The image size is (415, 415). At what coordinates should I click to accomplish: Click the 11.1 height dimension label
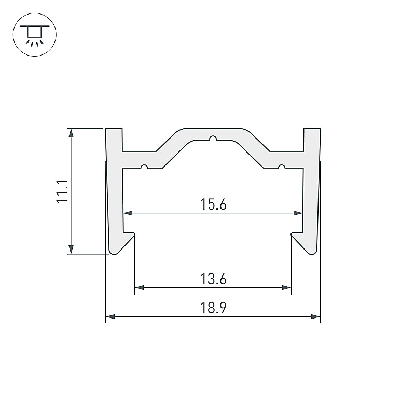pos(62,191)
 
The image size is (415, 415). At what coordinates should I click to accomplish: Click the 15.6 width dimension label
pos(213,204)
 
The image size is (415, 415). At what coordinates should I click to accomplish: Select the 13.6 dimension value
pos(213,279)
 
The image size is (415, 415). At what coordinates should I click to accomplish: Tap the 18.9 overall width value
pos(213,308)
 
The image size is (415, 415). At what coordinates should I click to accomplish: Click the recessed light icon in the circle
pos(35,34)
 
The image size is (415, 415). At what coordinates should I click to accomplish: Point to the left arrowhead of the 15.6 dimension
pos(128,213)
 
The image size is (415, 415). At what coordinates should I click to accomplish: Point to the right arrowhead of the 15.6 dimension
pos(298,213)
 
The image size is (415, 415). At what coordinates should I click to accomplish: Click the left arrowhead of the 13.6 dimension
pos(139,287)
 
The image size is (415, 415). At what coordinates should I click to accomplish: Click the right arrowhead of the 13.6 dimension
pos(287,287)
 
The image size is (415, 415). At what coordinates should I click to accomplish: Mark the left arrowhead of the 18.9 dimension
pos(110,316)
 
